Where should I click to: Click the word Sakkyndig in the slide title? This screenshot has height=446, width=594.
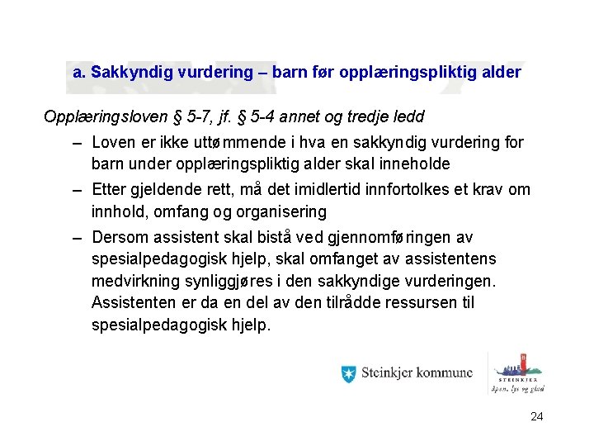tap(127, 73)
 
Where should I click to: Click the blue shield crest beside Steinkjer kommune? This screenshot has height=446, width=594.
tap(348, 374)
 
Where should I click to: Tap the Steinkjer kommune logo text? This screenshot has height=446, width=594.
tap(417, 374)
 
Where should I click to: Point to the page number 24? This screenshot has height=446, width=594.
tap(536, 416)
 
